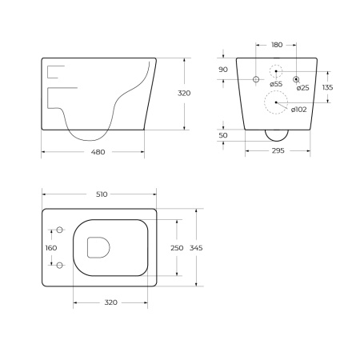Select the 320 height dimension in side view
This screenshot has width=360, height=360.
pos(184,94)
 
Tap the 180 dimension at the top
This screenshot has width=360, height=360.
pos(276,46)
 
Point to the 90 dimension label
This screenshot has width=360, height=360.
pos(223,70)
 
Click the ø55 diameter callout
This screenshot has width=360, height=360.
pos(276,84)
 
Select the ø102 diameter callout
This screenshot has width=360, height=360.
pos(296,110)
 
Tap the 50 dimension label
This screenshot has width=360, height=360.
pos(223,136)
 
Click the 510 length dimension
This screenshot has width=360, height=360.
pos(98,194)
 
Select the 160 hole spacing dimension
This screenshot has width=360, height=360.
pos(52,248)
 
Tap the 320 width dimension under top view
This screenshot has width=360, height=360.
pos(110,302)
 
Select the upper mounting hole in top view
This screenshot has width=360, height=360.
pos(58,230)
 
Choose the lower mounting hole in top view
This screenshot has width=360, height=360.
pos(58,266)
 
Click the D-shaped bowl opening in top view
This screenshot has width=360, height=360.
pos(98,248)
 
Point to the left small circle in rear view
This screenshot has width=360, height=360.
pos(256,78)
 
